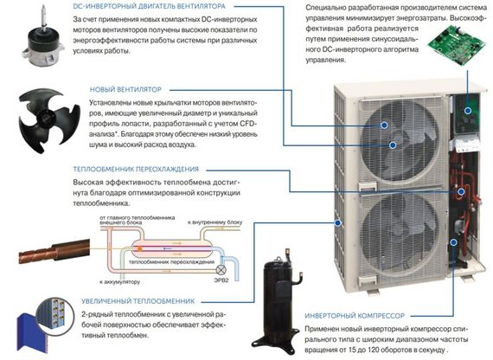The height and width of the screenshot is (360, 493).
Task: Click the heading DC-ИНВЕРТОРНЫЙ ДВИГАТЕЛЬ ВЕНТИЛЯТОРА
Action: (x=157, y=6)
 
